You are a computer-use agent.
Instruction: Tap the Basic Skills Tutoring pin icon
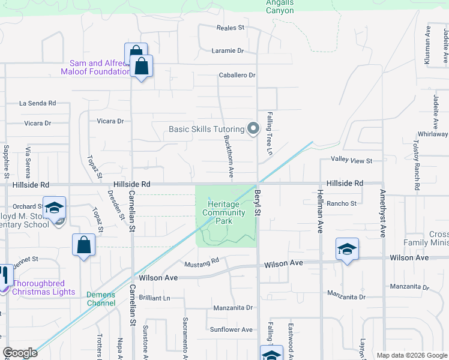[x=253, y=128]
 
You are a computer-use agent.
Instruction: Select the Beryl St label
[x=258, y=203]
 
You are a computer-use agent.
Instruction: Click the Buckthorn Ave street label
[x=229, y=155]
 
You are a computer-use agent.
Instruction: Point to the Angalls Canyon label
[x=280, y=7]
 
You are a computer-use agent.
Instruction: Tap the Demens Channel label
[x=101, y=298]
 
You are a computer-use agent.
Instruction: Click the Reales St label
[x=231, y=28]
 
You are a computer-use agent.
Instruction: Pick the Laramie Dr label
[x=228, y=51]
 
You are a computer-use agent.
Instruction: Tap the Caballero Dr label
[x=237, y=76]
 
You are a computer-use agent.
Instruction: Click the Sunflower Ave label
[x=231, y=329]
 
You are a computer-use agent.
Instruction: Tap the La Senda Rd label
[x=37, y=103]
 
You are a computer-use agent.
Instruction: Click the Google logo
[x=20, y=353]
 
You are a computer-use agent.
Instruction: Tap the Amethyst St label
[x=382, y=214]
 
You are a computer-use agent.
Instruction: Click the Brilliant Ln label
[x=154, y=298]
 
